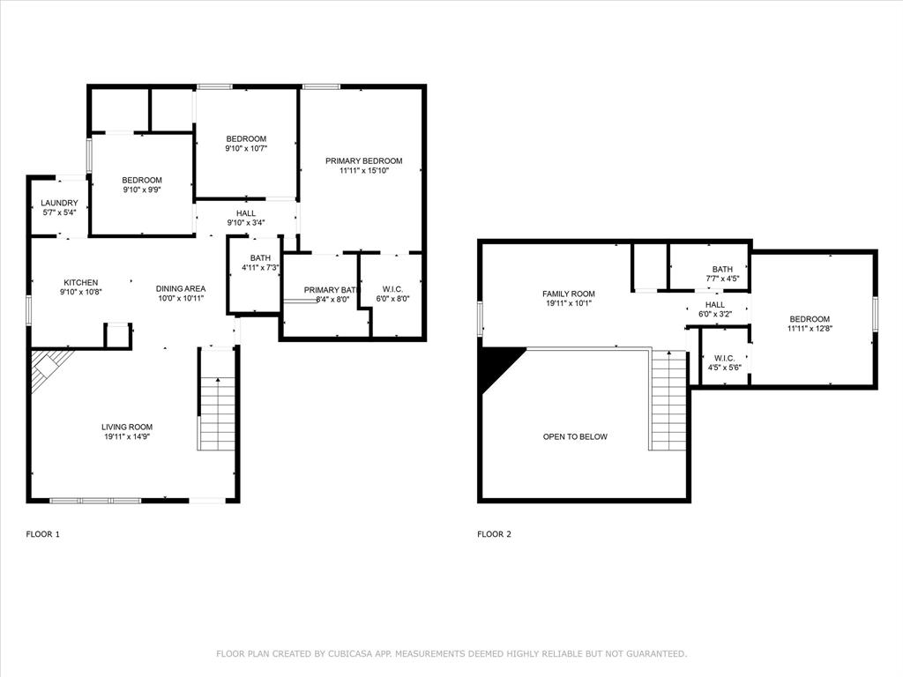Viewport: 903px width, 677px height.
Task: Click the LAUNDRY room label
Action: (x=59, y=203)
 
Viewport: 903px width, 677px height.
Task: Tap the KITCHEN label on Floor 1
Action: (x=80, y=282)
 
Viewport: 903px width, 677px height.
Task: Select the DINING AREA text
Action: (x=181, y=288)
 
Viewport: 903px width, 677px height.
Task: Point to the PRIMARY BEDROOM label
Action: (x=363, y=160)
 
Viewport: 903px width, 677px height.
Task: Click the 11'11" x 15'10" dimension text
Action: (x=363, y=171)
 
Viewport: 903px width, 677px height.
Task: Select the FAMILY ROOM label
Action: (x=568, y=294)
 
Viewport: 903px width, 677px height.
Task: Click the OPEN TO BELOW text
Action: (x=575, y=436)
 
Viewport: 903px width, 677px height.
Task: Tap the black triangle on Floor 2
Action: (x=496, y=363)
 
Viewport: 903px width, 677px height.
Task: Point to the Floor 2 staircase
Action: (x=668, y=401)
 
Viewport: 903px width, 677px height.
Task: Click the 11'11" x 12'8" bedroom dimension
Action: (x=809, y=329)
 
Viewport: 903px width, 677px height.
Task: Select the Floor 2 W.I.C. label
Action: (x=724, y=357)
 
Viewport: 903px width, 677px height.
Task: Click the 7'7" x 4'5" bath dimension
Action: (x=722, y=279)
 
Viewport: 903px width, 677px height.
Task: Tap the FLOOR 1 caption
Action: (x=43, y=534)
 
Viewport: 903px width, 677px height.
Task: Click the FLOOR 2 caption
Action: (x=494, y=534)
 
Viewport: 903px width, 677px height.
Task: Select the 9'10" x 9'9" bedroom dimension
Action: (x=142, y=190)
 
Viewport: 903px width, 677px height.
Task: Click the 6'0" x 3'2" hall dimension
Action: (x=715, y=314)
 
